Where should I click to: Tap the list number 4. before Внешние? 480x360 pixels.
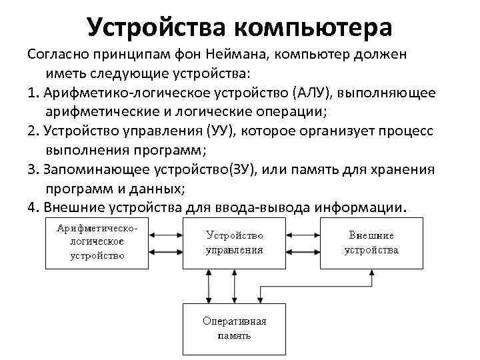click(33, 207)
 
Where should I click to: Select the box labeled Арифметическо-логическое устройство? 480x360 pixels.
click(97, 242)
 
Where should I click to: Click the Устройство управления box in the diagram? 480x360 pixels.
click(234, 243)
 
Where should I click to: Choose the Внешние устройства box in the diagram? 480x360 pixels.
click(371, 243)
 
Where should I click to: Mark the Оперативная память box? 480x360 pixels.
click(234, 327)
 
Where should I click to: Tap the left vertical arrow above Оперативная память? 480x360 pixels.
click(209, 286)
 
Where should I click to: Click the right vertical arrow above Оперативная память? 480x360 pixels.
click(234, 286)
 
